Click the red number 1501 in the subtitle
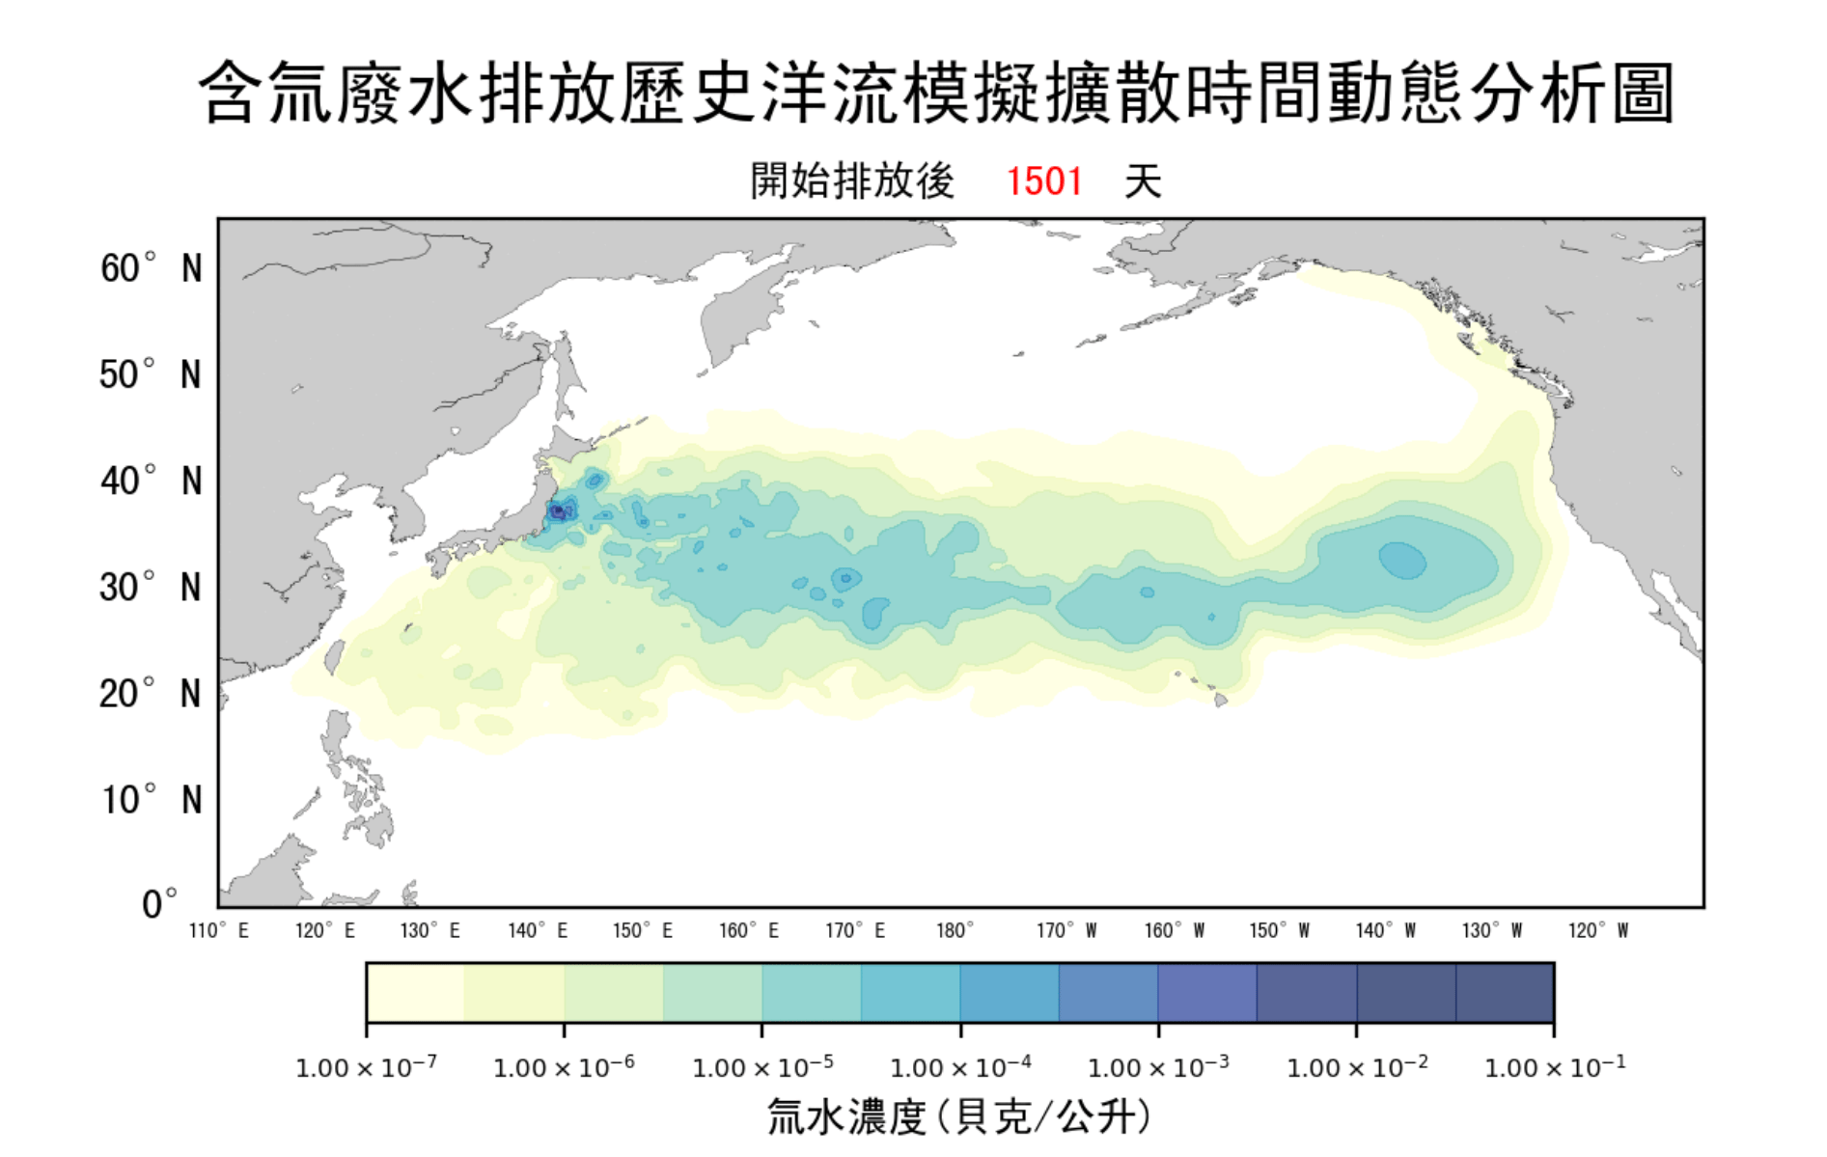(x=1044, y=181)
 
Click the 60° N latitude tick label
(x=151, y=268)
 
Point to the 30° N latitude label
(x=151, y=587)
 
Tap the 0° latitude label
(x=159, y=904)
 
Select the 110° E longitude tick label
(x=219, y=931)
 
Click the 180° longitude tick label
(x=955, y=931)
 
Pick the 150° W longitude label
(x=1279, y=931)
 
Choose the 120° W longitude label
(x=1597, y=931)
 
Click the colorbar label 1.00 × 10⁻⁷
(x=366, y=1067)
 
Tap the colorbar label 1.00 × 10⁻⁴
(x=960, y=1067)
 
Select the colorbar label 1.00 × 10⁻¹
(x=1555, y=1067)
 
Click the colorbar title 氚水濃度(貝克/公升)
(x=959, y=1117)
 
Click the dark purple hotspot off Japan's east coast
(x=557, y=512)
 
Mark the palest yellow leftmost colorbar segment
(x=415, y=992)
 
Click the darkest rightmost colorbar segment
(x=1505, y=992)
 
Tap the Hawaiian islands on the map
(x=1220, y=700)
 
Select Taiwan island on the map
(x=334, y=657)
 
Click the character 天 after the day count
(x=1143, y=181)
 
